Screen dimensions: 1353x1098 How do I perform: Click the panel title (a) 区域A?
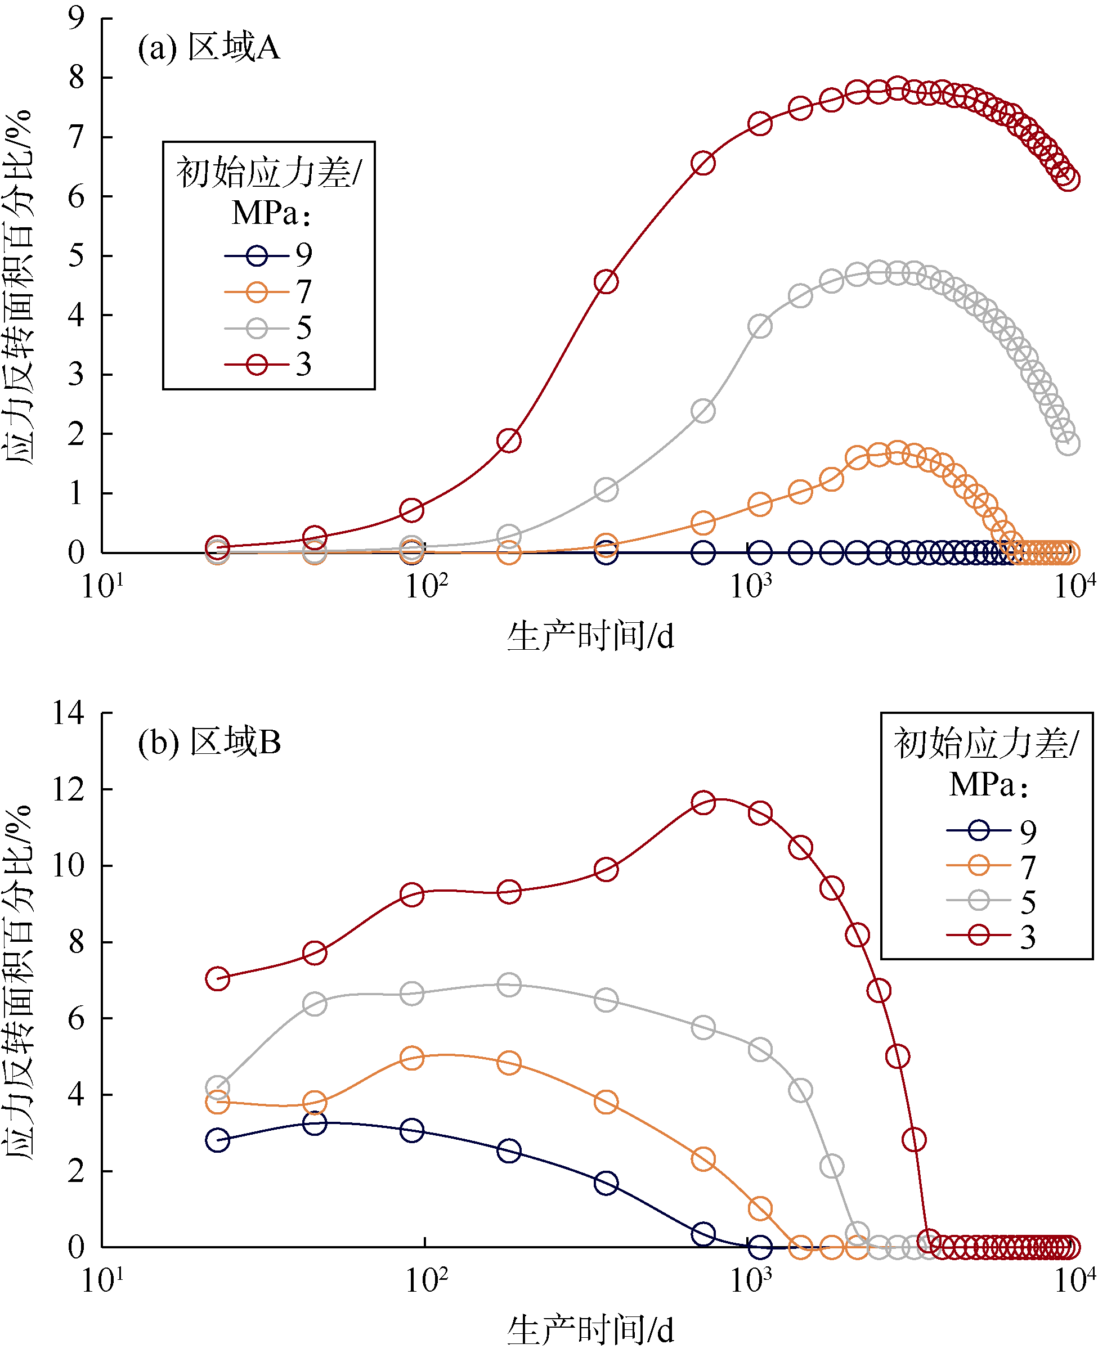click(209, 47)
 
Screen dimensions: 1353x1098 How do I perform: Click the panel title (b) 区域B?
click(209, 742)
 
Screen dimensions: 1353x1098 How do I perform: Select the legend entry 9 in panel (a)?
click(268, 255)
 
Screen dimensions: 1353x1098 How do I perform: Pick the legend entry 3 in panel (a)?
click(268, 365)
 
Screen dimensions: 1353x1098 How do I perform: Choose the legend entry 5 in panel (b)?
click(991, 900)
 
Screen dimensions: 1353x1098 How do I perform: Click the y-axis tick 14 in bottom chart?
click(68, 713)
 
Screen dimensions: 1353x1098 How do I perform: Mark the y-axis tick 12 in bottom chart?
click(68, 789)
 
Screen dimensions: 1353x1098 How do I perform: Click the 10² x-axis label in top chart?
click(425, 586)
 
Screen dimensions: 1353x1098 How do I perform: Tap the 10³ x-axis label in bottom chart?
click(751, 1281)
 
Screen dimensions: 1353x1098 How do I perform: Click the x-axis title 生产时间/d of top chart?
click(590, 637)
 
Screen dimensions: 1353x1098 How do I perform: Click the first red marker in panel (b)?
click(218, 979)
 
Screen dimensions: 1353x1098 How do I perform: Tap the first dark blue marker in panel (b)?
click(218, 1140)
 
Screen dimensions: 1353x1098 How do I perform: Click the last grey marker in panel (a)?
click(1068, 443)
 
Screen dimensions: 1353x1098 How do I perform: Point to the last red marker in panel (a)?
click(1068, 179)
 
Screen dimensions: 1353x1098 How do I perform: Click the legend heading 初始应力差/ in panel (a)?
click(269, 173)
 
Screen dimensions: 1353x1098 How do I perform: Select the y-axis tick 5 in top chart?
click(77, 256)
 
